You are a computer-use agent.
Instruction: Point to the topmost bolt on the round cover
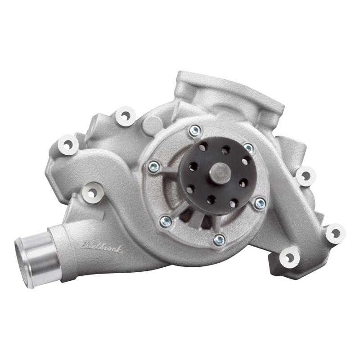[x=195, y=131]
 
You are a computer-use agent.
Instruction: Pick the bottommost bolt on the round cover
[x=219, y=240]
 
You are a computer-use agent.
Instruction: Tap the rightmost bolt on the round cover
[x=260, y=203]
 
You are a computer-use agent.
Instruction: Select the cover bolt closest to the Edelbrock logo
[x=166, y=220]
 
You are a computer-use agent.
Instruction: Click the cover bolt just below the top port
[x=248, y=147]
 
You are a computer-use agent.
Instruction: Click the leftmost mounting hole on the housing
[x=68, y=144]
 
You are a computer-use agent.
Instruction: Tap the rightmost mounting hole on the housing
[x=335, y=233]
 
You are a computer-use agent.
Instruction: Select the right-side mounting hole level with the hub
[x=305, y=175]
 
